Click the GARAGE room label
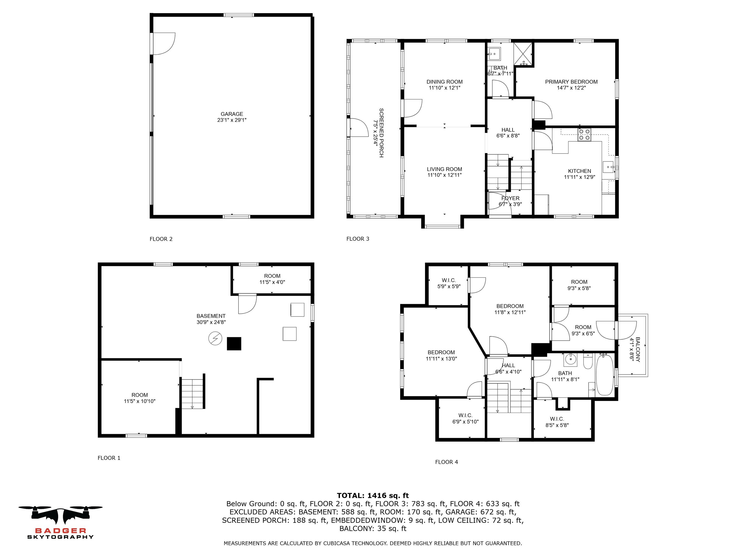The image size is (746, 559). [x=232, y=114]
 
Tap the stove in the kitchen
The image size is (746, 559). [x=584, y=135]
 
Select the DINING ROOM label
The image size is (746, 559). [x=445, y=81]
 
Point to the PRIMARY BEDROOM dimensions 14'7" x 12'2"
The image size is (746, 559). [x=571, y=88]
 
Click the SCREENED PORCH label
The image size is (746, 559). [x=381, y=133]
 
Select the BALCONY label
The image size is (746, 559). [x=638, y=349]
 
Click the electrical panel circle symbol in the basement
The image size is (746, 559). [x=215, y=338]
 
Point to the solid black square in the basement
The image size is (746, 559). [x=234, y=344]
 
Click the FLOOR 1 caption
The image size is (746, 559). [x=109, y=458]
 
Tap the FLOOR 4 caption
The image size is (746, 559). [x=447, y=462]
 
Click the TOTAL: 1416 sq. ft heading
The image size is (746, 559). [x=373, y=495]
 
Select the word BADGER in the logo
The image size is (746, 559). [x=61, y=531]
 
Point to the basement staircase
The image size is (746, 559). [x=192, y=393]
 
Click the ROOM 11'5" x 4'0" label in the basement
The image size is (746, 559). [x=272, y=279]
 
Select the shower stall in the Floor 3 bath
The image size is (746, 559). [x=523, y=54]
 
